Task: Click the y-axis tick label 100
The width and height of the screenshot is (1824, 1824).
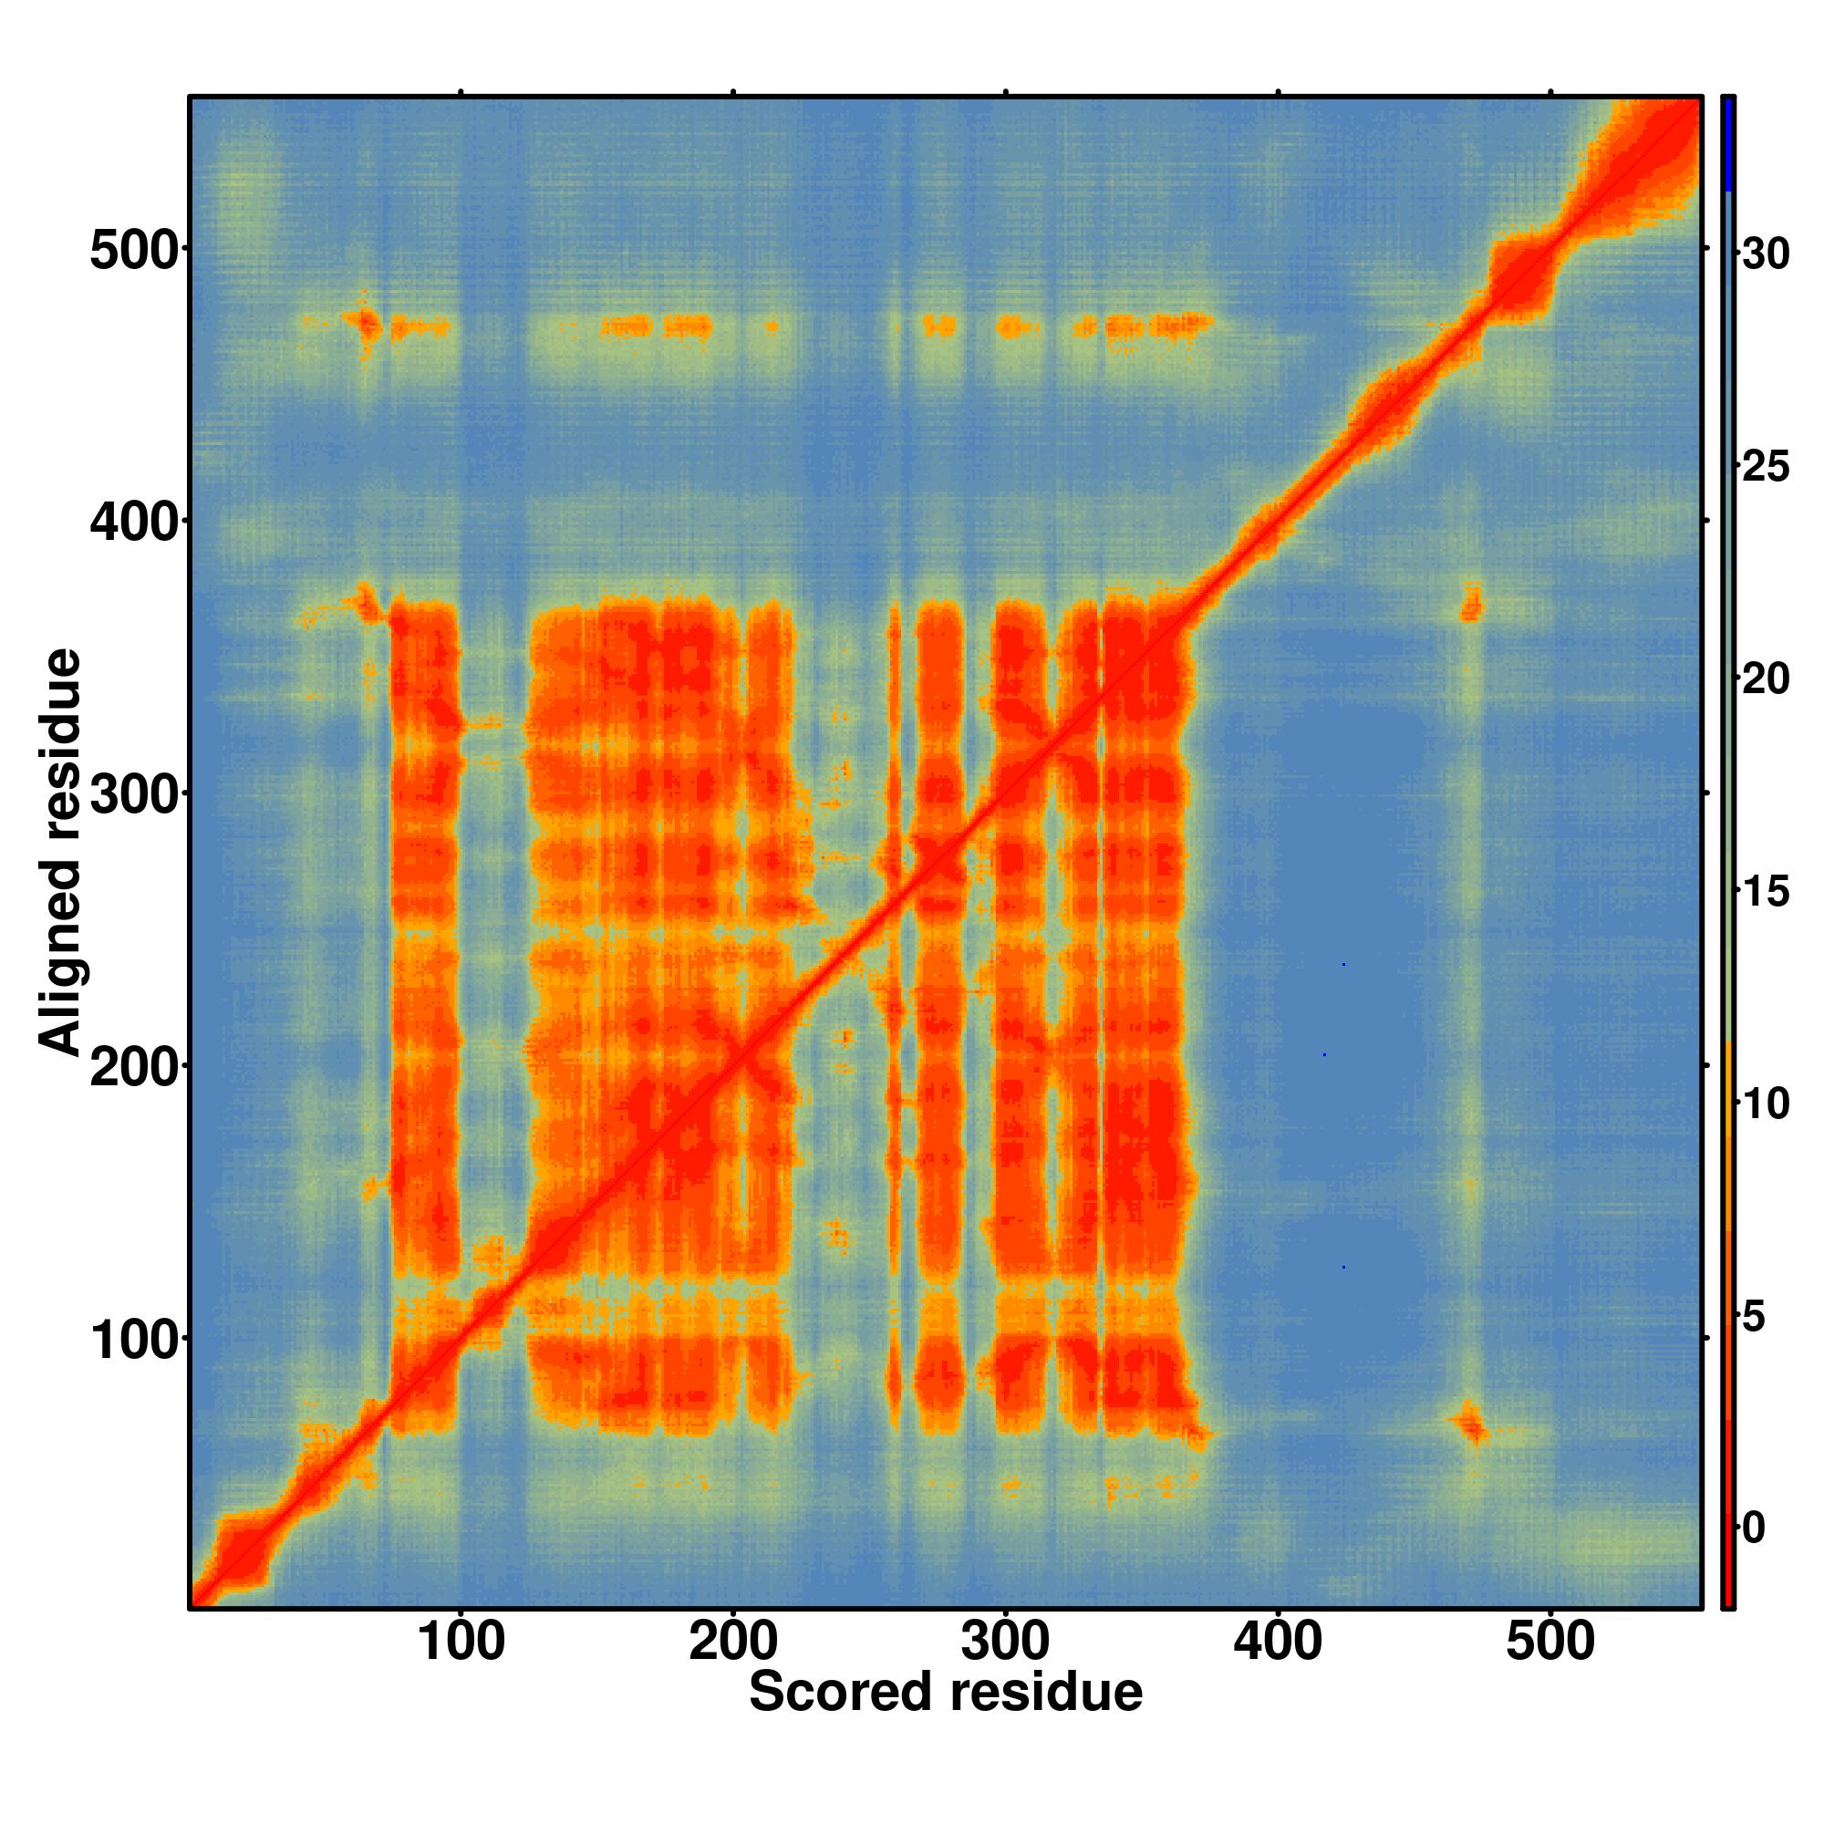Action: point(133,1339)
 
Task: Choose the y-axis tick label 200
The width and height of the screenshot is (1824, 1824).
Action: point(133,1066)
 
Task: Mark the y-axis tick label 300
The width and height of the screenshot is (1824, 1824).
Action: point(133,793)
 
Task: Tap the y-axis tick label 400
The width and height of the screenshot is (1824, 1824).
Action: point(133,521)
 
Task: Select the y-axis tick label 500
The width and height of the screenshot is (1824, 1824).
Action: point(133,249)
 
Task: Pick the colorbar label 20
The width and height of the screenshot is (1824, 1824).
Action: point(1765,679)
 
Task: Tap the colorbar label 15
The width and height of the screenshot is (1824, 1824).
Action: point(1765,892)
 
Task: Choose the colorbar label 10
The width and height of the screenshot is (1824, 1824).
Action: point(1765,1104)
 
